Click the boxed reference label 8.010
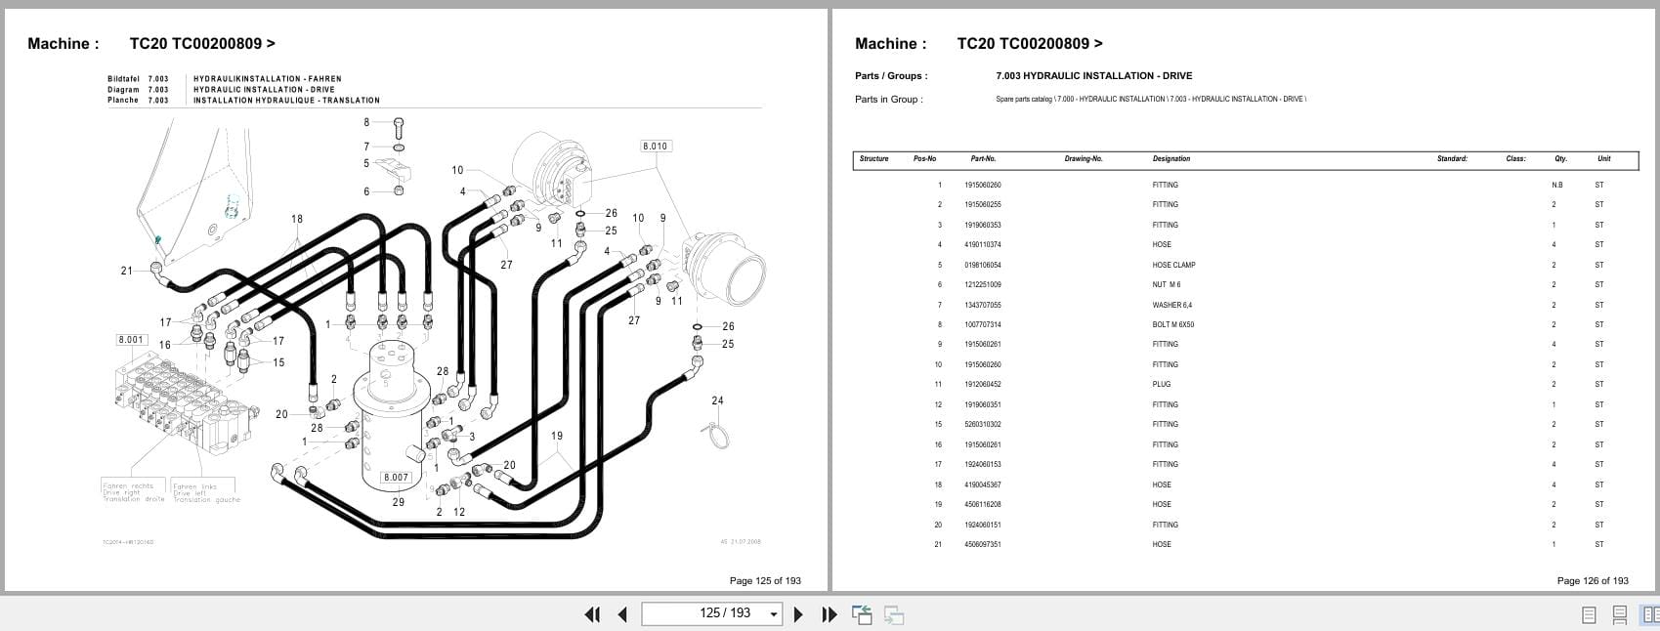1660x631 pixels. (655, 147)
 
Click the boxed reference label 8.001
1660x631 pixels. (131, 340)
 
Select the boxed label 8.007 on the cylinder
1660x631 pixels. (396, 478)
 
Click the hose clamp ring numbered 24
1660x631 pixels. (719, 435)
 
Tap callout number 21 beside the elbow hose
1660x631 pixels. (126, 271)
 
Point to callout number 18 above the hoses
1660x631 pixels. (297, 220)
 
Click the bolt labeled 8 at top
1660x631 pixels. (399, 126)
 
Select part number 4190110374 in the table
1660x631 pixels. (982, 245)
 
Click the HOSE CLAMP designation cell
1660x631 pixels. (1173, 265)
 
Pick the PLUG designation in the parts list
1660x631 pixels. (1161, 385)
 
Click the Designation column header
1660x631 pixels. (1171, 158)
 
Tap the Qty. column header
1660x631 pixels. (1560, 158)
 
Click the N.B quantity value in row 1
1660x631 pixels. (1556, 186)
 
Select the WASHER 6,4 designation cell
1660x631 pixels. (1171, 305)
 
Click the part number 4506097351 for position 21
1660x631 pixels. (982, 544)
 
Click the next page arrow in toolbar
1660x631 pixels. (798, 614)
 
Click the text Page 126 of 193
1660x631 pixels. (1592, 580)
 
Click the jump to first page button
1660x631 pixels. (591, 614)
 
